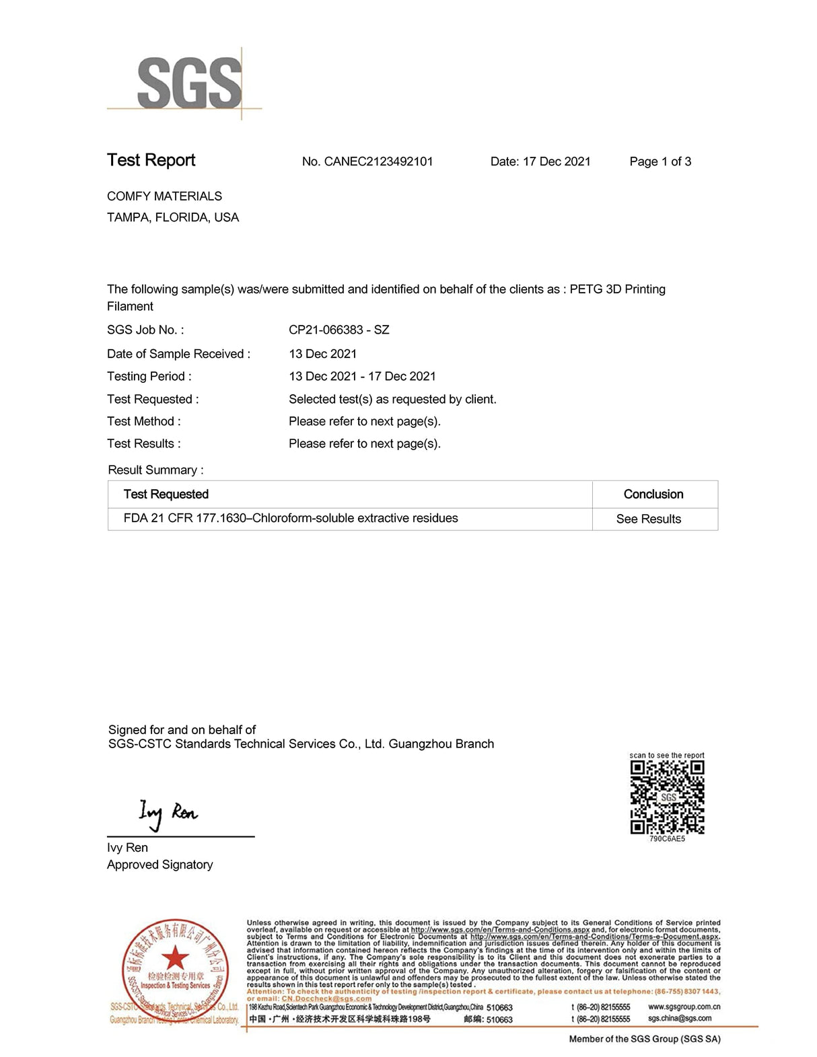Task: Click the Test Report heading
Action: click(151, 160)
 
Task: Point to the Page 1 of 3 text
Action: click(660, 161)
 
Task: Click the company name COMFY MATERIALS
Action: click(164, 196)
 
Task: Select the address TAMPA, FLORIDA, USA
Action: click(173, 217)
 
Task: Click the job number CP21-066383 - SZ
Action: click(339, 330)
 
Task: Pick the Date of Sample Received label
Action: click(178, 354)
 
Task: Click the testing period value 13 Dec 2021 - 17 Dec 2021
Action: click(362, 376)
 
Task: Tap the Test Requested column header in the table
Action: click(166, 495)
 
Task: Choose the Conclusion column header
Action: click(653, 495)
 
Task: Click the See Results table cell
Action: click(649, 519)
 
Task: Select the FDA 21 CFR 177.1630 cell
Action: click(291, 518)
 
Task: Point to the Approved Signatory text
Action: click(160, 865)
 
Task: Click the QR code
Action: click(667, 797)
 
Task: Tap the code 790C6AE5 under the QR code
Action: click(667, 839)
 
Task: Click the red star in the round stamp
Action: click(175, 957)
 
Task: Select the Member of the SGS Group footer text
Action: click(644, 1039)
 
